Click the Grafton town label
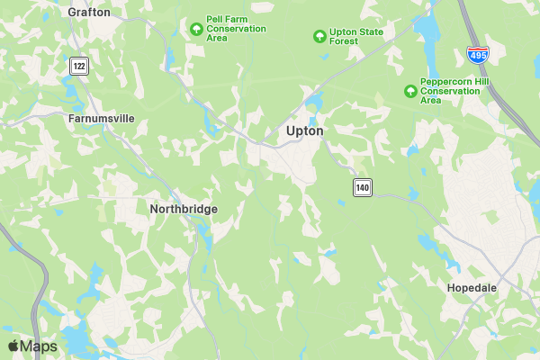point(89,13)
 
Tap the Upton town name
point(304,130)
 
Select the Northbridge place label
point(183,208)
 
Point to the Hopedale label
point(472,288)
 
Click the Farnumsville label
point(102,117)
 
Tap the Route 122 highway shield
point(80,66)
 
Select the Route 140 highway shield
point(362,187)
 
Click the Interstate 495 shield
point(478,56)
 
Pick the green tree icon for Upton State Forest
point(319,36)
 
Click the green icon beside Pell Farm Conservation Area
point(196,29)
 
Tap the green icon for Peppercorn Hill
point(410,90)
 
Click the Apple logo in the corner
point(13,346)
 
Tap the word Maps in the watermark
point(39,346)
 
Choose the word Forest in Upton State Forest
point(344,42)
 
